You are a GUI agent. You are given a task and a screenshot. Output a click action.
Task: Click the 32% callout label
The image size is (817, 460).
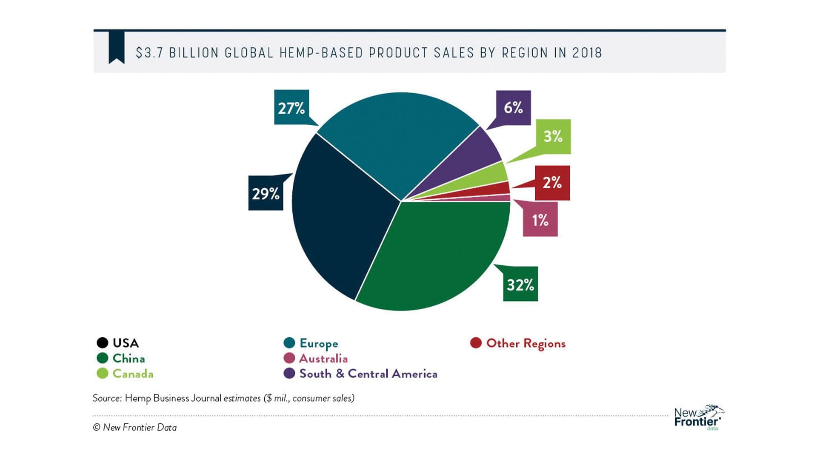[x=520, y=284]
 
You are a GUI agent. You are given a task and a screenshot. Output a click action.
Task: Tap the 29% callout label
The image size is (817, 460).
[x=266, y=193]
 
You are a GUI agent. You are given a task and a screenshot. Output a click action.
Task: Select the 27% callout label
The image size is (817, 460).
[x=291, y=107]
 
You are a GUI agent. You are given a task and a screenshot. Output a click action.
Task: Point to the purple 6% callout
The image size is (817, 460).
[x=513, y=107]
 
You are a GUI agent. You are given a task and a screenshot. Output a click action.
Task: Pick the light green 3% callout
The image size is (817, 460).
[x=553, y=136]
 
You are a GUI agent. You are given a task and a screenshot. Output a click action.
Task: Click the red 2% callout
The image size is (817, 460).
[x=552, y=183]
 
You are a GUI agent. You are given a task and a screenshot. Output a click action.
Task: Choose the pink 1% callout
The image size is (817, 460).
[x=540, y=220]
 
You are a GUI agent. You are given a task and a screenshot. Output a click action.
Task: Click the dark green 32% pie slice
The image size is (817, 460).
[x=434, y=256]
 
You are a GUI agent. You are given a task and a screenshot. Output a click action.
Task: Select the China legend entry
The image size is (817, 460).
[x=121, y=358]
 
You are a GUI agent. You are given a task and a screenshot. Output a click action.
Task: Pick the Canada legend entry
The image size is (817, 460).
[x=126, y=374]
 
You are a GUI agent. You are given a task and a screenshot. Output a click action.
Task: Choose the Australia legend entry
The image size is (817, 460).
[x=316, y=358]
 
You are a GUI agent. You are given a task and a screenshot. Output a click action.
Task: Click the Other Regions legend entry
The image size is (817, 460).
[x=518, y=343]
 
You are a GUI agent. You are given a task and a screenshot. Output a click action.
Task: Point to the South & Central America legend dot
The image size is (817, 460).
[x=289, y=373]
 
